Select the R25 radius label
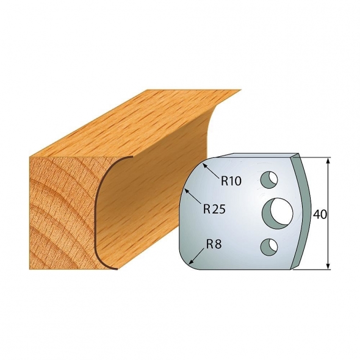tap(214, 209)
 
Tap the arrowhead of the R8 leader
tap(191, 263)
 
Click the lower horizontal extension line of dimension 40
tap(314, 268)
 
